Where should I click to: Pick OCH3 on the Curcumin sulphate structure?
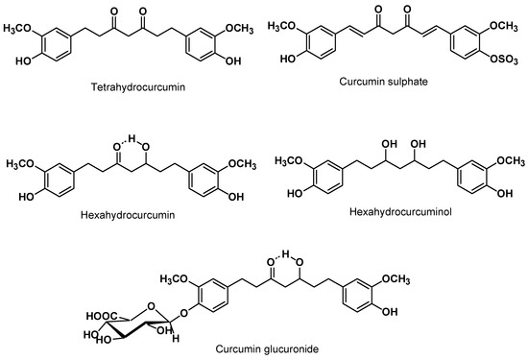point(504,35)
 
